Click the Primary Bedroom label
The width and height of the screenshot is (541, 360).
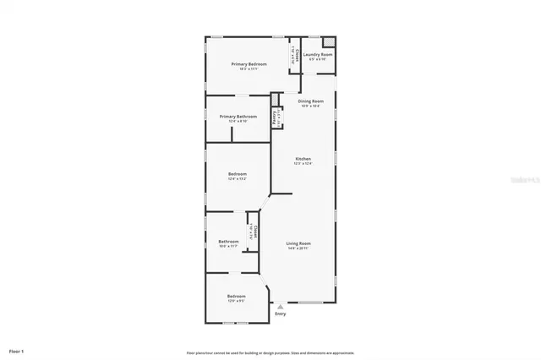[249, 64]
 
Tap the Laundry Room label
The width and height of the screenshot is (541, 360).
[318, 55]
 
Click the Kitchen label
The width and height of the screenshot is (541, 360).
[303, 159]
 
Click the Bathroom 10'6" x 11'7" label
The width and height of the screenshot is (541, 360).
[228, 241]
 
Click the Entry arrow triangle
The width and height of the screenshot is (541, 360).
[281, 307]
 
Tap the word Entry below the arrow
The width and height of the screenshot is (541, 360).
[281, 314]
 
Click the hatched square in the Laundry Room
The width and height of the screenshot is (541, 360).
[329, 41]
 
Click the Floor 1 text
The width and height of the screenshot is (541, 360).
[17, 351]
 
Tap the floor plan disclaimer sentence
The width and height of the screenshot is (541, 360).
[270, 352]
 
